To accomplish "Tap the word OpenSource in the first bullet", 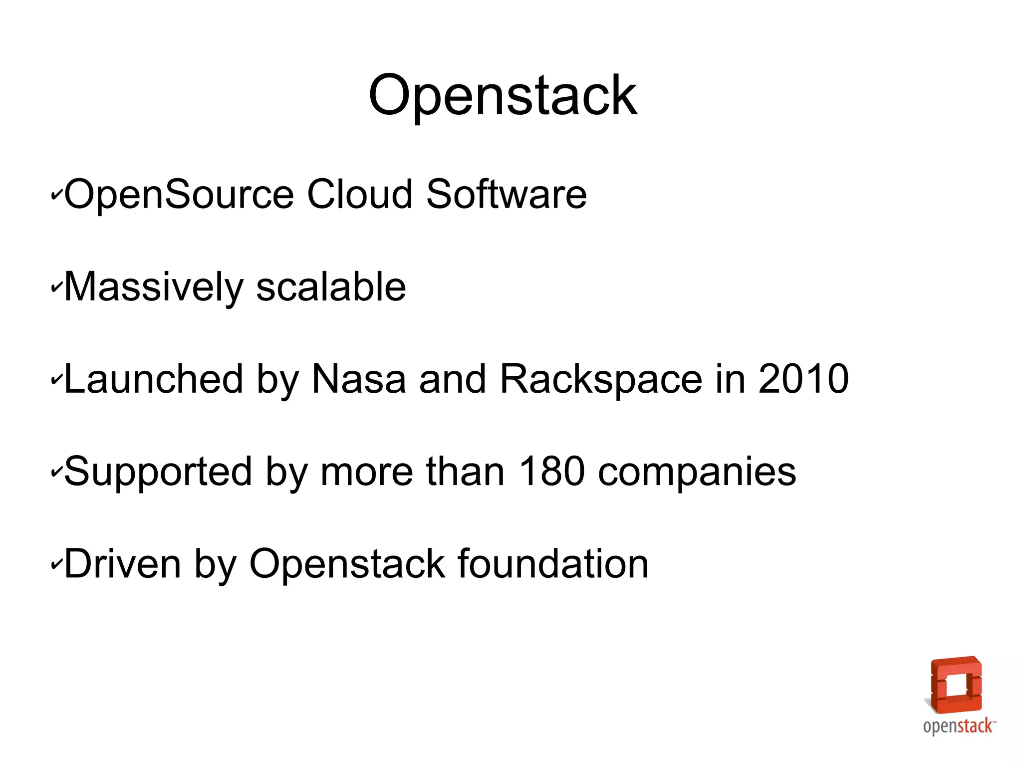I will (x=179, y=195).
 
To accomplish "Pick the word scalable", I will (x=331, y=287).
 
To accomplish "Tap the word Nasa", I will (x=358, y=379).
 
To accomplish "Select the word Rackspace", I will (x=601, y=380).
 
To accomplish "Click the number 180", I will (x=551, y=471).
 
